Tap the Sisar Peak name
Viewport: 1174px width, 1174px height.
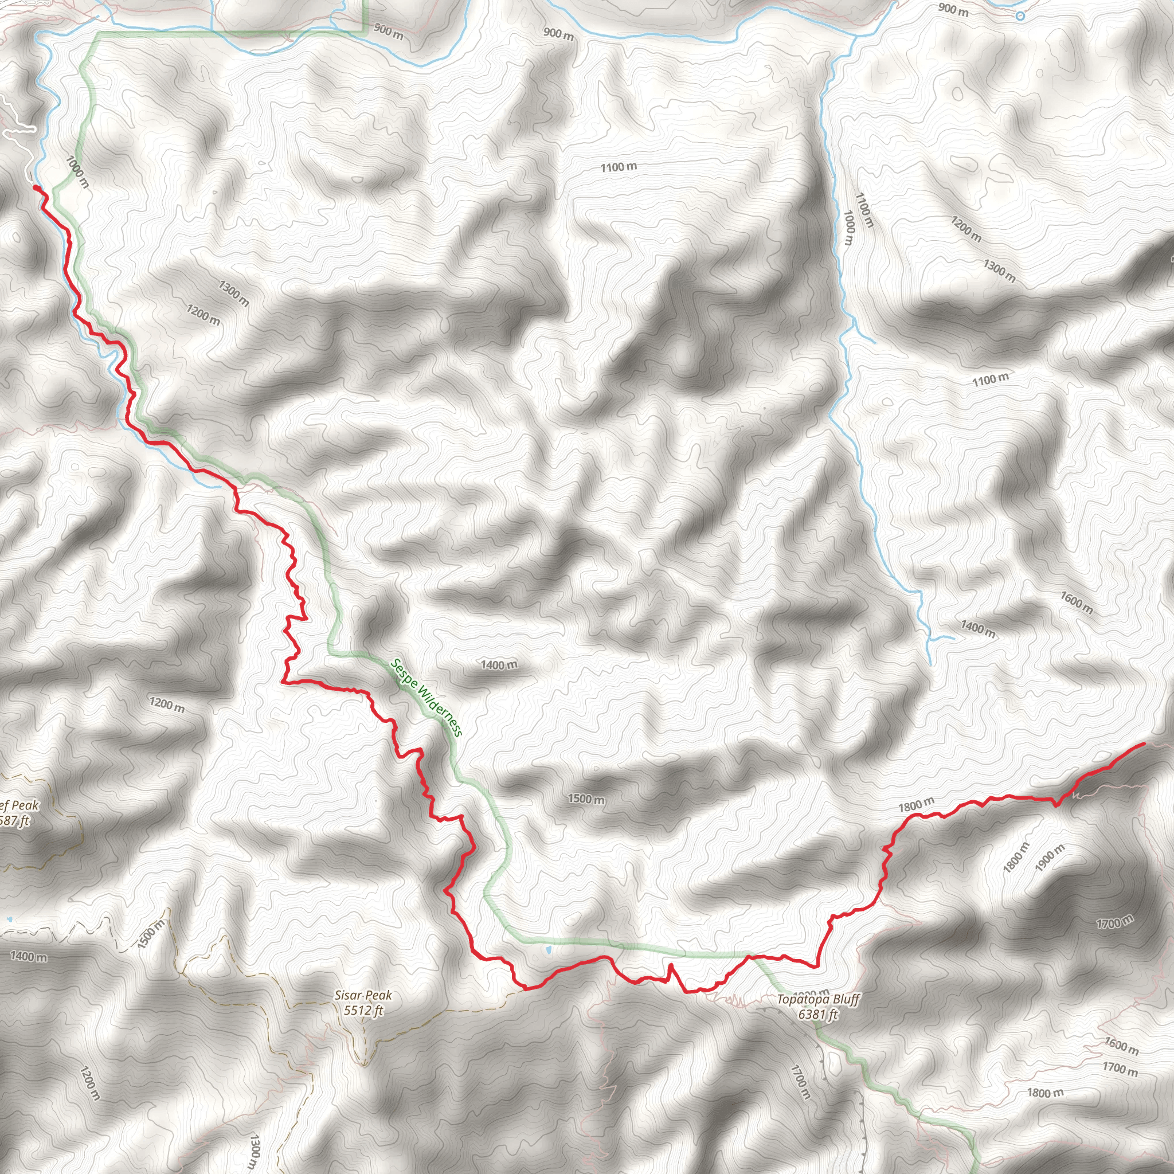(x=363, y=995)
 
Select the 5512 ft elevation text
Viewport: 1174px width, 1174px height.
(x=363, y=1010)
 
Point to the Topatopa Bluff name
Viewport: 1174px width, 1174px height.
(x=818, y=1000)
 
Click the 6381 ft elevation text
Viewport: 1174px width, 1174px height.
(x=818, y=1014)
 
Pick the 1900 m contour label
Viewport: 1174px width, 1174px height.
(x=1050, y=858)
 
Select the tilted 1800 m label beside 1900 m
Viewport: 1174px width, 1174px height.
(x=1016, y=857)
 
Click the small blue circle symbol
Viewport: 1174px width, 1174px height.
(x=1020, y=17)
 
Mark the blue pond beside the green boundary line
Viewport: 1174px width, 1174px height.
(x=548, y=949)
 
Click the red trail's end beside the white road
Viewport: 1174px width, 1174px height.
(x=34, y=187)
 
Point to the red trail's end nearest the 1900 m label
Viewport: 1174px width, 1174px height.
(x=1144, y=743)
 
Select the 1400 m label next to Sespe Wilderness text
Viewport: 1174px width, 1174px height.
(x=499, y=665)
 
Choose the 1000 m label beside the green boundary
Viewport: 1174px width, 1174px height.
(x=77, y=172)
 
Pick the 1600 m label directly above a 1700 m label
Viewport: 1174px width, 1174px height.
(x=1121, y=1046)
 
